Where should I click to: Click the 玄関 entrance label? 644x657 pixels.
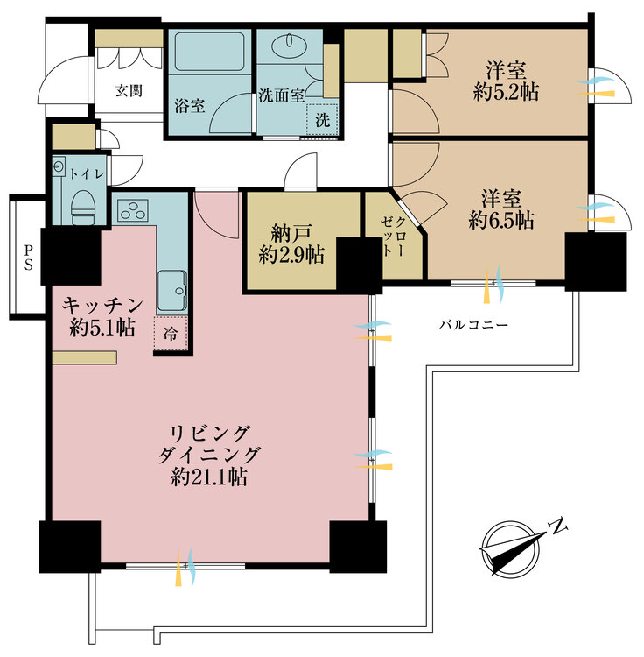coord(129,90)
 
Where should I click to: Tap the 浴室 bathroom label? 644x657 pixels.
coord(190,106)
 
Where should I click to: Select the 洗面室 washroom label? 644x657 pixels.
coord(281,95)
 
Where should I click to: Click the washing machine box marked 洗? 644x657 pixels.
coord(322,120)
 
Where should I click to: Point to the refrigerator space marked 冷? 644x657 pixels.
coord(171,334)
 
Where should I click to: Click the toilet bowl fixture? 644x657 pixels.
coord(82,208)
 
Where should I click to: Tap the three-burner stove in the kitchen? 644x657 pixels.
coord(134,210)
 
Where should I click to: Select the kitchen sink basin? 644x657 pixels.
coord(172,290)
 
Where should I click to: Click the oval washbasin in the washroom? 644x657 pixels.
coord(289,46)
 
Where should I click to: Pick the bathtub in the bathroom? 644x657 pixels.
coord(209,52)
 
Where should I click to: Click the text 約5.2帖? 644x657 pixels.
coord(506,92)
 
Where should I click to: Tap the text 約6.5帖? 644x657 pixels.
coord(501,220)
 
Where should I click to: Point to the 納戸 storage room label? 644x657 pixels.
coord(291,233)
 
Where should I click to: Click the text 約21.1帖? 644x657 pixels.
coord(209,477)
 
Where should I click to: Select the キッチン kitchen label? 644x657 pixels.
coord(102,306)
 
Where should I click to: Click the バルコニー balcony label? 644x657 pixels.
coord(473,325)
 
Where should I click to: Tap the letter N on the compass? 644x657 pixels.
coord(557,526)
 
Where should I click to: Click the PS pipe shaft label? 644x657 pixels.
coord(28,258)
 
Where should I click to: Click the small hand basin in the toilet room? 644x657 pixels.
coord(58,166)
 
